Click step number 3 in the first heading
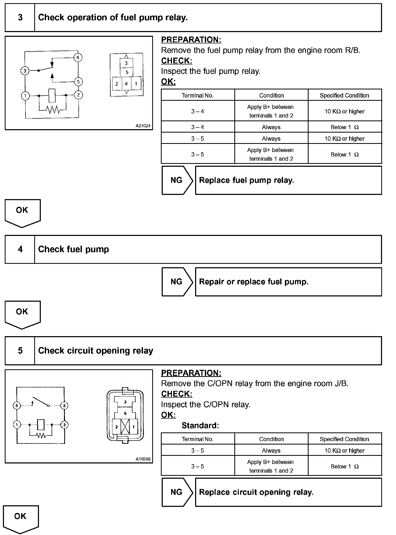pos(20,18)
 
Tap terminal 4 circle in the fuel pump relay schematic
pos(78,57)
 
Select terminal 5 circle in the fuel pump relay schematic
pos(78,82)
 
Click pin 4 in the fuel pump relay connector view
pos(126,84)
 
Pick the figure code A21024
pos(143,126)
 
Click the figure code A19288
pos(143,459)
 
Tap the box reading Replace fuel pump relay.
pos(288,180)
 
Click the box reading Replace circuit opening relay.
pos(288,492)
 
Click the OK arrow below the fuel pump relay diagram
pos(22,213)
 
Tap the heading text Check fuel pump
pos(73,249)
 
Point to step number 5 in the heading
pos(20,351)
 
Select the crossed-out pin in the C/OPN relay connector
pos(125,427)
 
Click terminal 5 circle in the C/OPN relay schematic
pos(17,405)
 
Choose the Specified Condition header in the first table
pos(344,95)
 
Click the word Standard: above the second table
pos(200,425)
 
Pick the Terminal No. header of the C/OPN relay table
pos(197,439)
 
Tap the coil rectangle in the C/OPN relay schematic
pos(41,424)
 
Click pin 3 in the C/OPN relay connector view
pos(125,402)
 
